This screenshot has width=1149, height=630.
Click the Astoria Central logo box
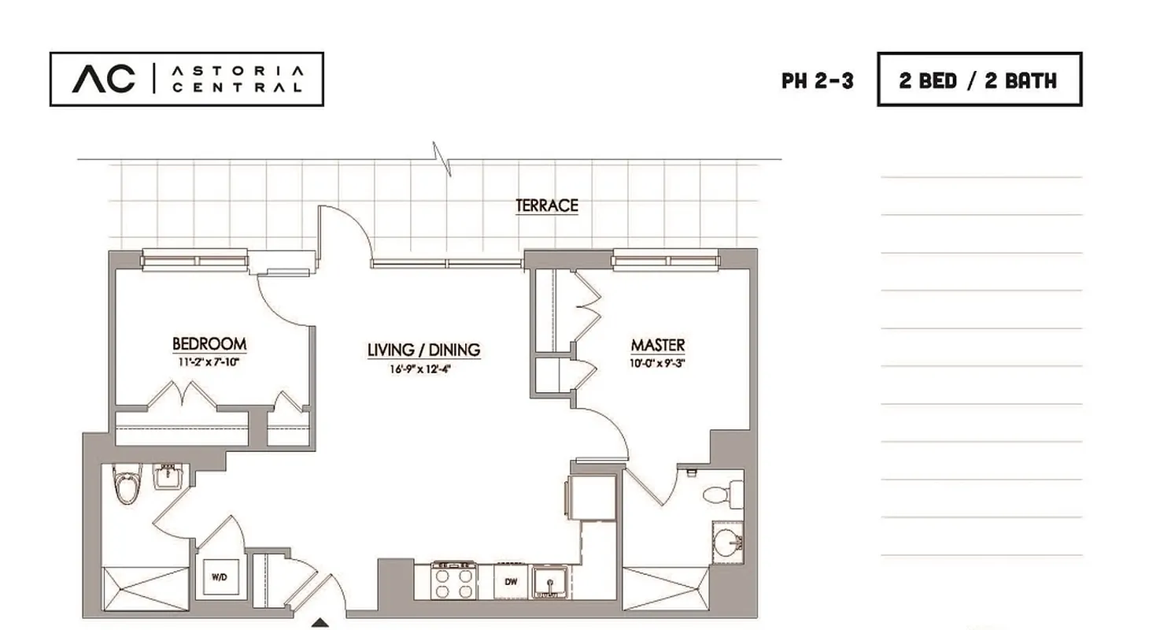[187, 79]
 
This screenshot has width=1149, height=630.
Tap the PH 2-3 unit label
[817, 80]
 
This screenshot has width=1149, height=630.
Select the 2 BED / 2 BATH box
[979, 80]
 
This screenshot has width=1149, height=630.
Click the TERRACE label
[547, 206]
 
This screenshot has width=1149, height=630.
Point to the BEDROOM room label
[209, 344]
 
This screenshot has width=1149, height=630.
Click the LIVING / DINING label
[423, 350]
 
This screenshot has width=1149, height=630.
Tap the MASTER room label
[658, 345]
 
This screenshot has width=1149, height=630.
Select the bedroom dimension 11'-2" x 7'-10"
[209, 363]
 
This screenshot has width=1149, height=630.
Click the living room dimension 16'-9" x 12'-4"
[423, 369]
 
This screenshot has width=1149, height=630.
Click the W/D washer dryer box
[218, 577]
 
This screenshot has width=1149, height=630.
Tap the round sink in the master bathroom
[728, 542]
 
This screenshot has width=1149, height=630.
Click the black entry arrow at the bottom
[320, 624]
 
